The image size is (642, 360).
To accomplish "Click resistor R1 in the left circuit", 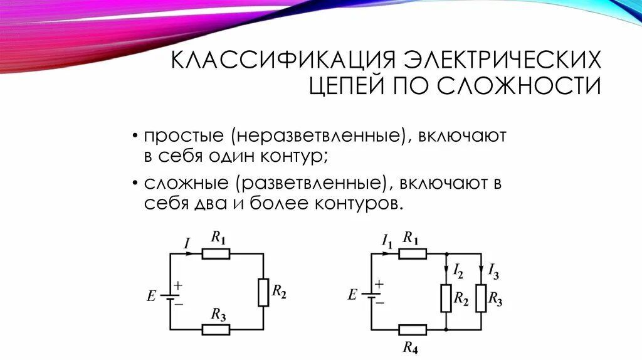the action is tap(216, 254).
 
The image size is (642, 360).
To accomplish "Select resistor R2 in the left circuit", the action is tap(263, 292).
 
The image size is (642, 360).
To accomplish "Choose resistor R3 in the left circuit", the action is tap(216, 329).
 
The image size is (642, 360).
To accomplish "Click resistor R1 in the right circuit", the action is tap(413, 254).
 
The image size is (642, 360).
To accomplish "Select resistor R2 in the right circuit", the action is tap(446, 298).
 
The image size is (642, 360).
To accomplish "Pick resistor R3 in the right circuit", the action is tap(481, 298).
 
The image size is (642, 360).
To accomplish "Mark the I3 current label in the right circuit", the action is tap(494, 272).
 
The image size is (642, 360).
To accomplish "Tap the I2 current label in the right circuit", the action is tap(458, 272).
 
